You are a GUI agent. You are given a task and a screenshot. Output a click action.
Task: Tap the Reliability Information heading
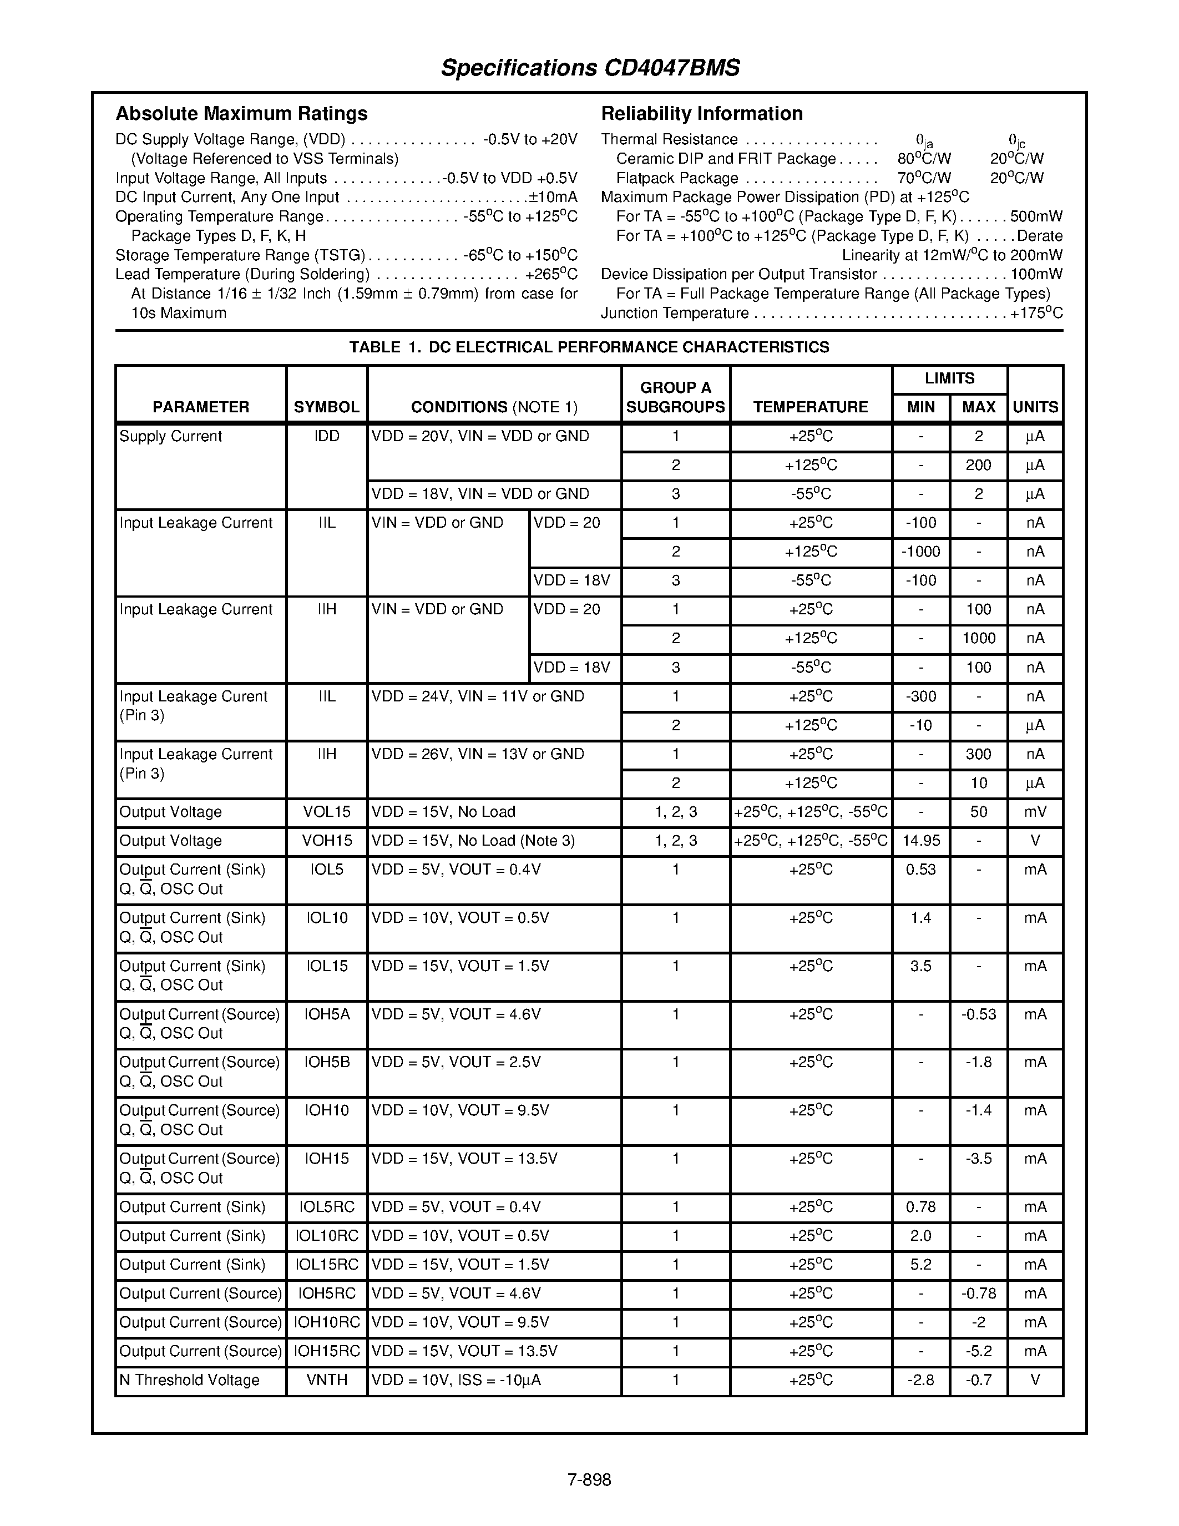(701, 113)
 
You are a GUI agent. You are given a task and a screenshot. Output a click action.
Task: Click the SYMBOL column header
(326, 407)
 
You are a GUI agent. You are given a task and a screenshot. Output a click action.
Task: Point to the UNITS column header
(1035, 407)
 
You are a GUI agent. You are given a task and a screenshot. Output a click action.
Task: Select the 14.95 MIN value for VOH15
(920, 841)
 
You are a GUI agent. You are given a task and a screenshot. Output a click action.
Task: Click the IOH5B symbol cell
(326, 1062)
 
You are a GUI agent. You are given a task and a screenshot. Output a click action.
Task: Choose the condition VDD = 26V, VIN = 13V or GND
(478, 754)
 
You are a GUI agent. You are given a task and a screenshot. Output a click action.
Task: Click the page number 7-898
(589, 1480)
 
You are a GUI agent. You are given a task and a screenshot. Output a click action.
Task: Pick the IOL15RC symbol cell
(326, 1265)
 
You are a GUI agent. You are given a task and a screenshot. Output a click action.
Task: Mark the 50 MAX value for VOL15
(978, 812)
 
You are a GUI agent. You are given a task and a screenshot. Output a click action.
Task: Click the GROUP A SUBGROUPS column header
(675, 397)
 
